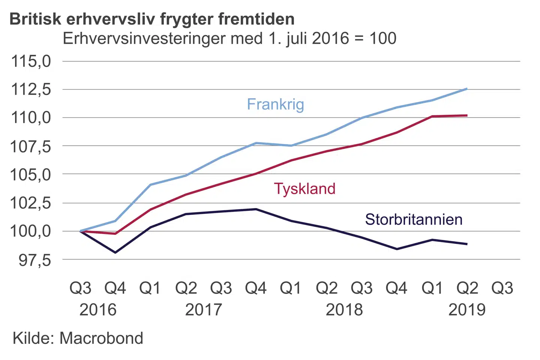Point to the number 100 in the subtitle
coord(383,38)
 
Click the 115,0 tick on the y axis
coord(31,61)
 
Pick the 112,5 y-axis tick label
coord(31,90)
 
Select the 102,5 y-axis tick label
coord(31,203)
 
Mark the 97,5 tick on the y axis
coord(34,260)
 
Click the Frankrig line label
coord(275,104)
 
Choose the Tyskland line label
coord(304,189)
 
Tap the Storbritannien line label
coord(414,219)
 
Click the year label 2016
coord(98,310)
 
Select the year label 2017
coord(204,310)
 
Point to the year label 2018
coord(344,310)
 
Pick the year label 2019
coord(467,310)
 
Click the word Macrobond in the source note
coord(101,338)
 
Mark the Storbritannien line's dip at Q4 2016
coord(115,252)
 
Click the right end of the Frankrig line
coord(467,89)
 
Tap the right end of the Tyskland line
coord(467,115)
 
